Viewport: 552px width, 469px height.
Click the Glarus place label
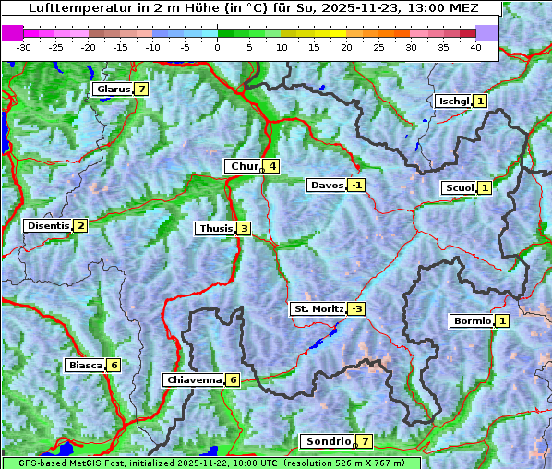click(x=112, y=90)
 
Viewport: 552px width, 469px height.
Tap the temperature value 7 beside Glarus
click(x=140, y=90)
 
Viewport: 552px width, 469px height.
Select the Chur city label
click(x=244, y=166)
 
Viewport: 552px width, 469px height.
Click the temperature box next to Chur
click(x=272, y=166)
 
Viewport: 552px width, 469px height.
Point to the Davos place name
click(x=327, y=185)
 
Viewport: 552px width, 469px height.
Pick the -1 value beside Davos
click(x=356, y=185)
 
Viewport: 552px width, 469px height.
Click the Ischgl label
click(x=453, y=101)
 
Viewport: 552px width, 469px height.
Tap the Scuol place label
click(x=459, y=187)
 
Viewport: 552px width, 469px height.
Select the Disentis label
click(x=47, y=225)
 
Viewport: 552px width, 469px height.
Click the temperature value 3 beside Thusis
click(x=244, y=228)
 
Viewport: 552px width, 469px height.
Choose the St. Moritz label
click(x=318, y=308)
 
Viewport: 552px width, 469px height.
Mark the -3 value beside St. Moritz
click(x=356, y=308)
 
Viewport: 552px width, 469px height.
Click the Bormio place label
click(x=471, y=321)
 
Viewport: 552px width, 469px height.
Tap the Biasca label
click(x=85, y=365)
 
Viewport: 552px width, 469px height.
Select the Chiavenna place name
click(x=193, y=379)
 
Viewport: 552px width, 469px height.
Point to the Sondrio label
click(x=327, y=441)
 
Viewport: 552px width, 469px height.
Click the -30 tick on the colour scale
click(x=24, y=46)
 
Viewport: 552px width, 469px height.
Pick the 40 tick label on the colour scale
click(x=475, y=46)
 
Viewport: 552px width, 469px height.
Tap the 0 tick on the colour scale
click(x=218, y=46)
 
